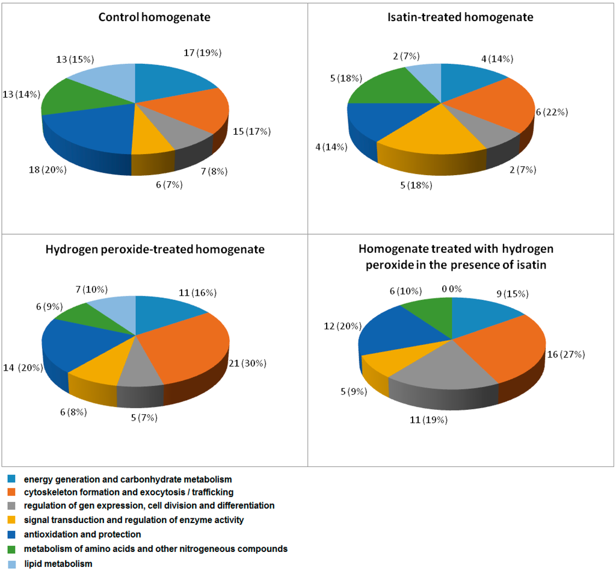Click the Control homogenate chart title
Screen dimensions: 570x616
155,17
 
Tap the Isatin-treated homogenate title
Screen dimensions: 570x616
460,17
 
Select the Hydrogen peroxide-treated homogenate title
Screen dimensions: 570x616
155,249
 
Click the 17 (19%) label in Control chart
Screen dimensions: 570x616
202,53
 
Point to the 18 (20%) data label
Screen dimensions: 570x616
47,170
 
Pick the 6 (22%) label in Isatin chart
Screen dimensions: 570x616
552,113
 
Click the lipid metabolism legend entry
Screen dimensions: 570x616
58,564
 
